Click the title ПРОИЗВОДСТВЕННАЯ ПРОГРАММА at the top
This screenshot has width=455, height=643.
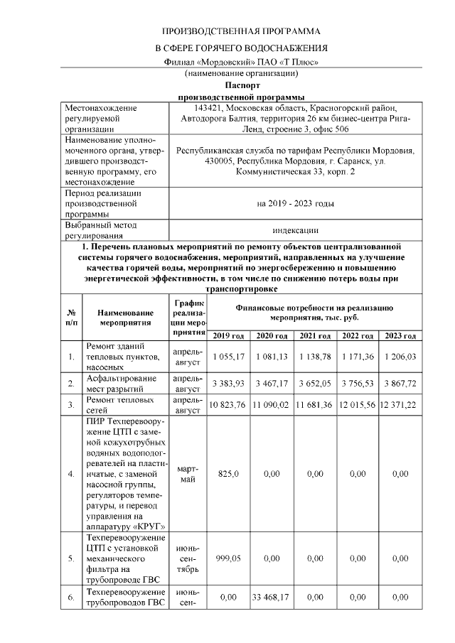click(241, 32)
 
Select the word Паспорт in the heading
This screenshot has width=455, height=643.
click(241, 85)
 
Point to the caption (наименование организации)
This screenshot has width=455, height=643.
click(241, 73)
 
